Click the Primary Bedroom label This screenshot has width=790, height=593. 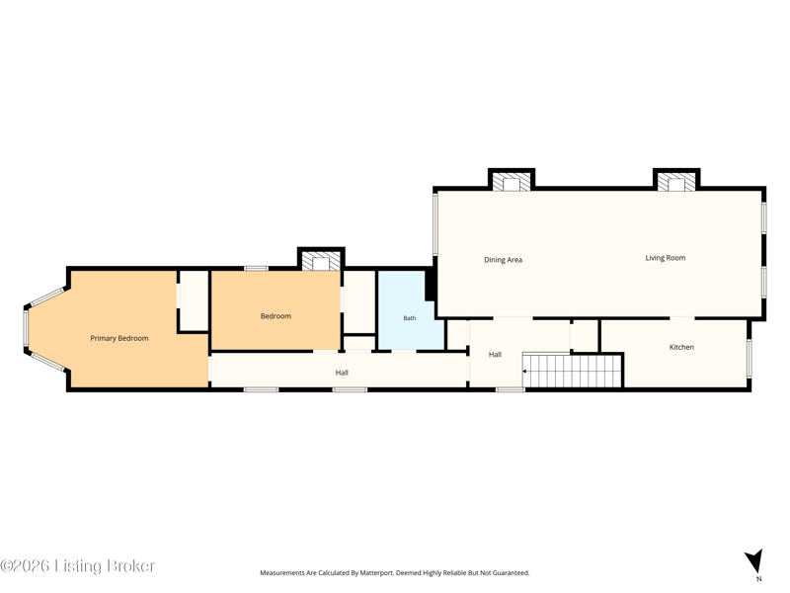[x=119, y=338]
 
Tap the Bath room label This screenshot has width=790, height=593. [x=410, y=318]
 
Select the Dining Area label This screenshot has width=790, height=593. [x=503, y=260]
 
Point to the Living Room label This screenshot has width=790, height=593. [x=665, y=258]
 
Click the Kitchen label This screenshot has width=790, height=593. [x=681, y=347]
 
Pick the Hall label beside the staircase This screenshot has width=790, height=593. [x=495, y=355]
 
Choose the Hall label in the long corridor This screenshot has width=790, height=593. [x=342, y=373]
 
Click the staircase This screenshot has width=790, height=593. [x=572, y=370]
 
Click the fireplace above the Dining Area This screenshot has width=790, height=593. [x=512, y=182]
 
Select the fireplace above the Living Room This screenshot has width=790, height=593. [x=676, y=182]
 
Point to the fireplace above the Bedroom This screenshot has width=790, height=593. [x=321, y=261]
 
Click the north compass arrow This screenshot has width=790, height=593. [x=754, y=560]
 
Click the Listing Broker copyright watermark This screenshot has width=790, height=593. [x=78, y=565]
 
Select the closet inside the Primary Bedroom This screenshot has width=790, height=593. [x=194, y=300]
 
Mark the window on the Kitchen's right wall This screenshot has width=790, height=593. [x=750, y=359]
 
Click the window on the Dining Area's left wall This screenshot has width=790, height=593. [x=435, y=224]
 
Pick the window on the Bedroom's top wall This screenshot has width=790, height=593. [x=257, y=268]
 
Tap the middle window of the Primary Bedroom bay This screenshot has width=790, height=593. [x=26, y=328]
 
